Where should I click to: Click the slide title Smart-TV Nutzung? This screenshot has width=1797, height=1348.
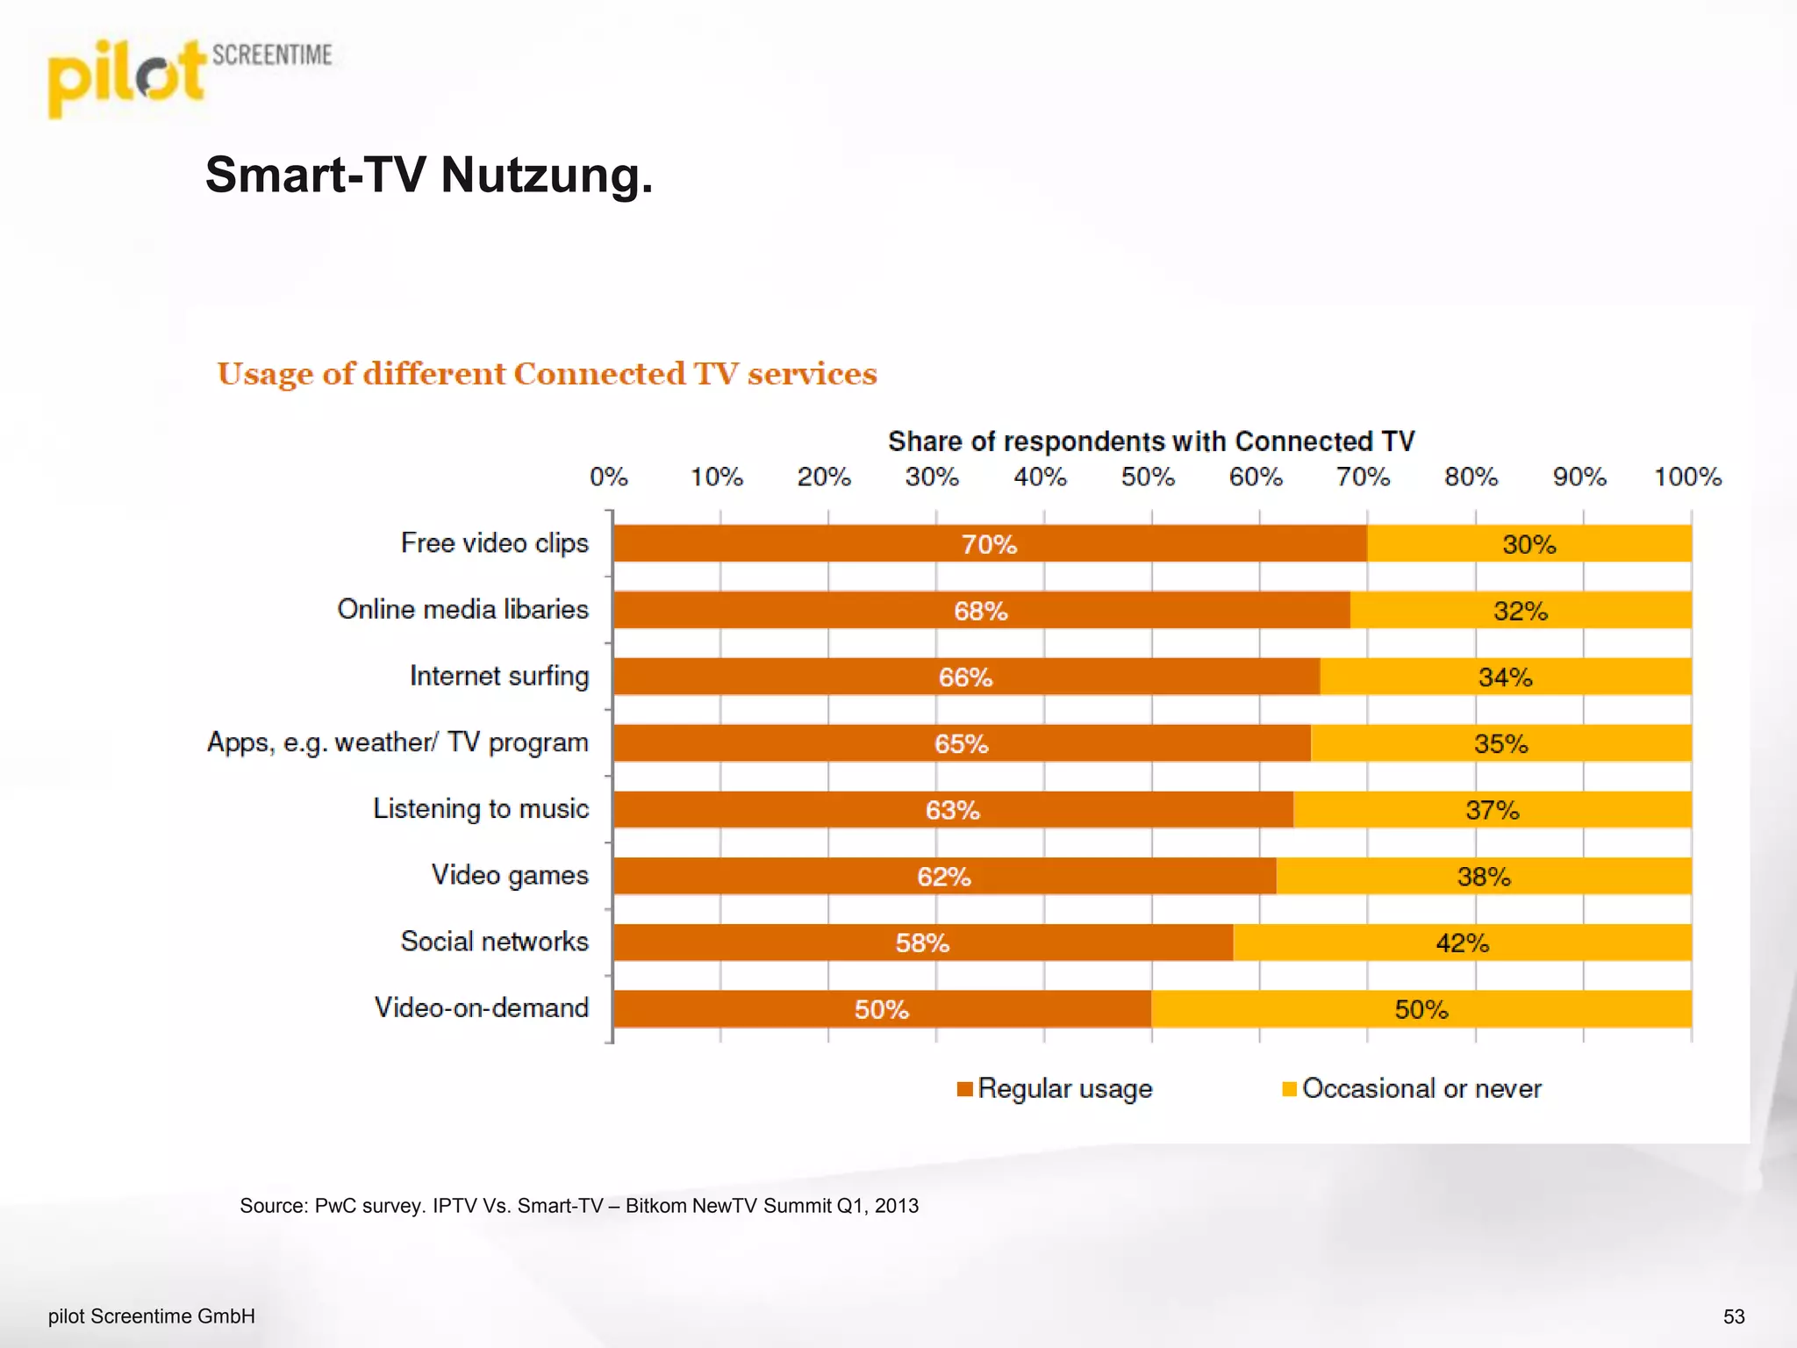coord(428,175)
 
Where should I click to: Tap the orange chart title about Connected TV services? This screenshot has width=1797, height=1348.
coord(547,374)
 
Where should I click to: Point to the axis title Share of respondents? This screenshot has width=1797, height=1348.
coord(1150,441)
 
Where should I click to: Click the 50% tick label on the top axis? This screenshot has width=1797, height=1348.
coord(1147,477)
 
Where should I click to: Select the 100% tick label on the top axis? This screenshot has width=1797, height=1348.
coord(1686,477)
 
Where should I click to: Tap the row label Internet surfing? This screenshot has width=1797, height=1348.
coord(498,676)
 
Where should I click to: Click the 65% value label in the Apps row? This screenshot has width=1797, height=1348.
coord(961,744)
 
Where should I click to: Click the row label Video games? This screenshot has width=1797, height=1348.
coord(509,875)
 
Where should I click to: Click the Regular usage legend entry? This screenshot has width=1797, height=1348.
coord(1055,1089)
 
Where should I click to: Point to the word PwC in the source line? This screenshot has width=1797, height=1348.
coord(335,1206)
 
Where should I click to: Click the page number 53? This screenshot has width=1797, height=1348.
coord(1733,1316)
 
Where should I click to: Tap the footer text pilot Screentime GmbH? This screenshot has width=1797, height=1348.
coord(151,1316)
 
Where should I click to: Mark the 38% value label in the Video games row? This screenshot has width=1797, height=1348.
coord(1483,877)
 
